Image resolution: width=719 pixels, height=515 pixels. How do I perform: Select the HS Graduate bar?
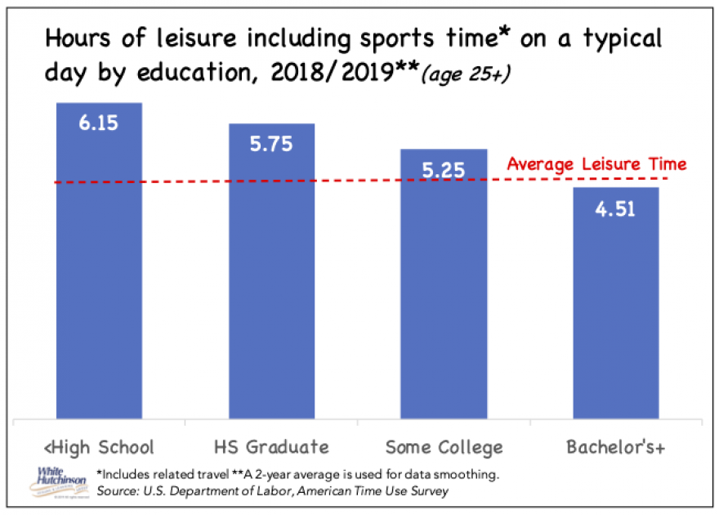click(x=271, y=278)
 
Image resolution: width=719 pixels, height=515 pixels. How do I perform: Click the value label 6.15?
click(x=99, y=123)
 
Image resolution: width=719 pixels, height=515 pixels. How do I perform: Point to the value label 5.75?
click(x=271, y=143)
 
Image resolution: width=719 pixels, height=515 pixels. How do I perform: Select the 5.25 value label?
click(x=444, y=170)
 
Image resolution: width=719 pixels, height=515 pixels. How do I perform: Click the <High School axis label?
click(x=98, y=447)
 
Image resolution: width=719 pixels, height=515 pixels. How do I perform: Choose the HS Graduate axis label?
click(x=271, y=447)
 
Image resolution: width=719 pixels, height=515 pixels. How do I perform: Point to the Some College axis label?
click(x=444, y=447)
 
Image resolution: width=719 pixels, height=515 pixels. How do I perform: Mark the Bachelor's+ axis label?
click(x=615, y=447)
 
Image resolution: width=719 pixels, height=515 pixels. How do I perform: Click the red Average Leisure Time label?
click(x=596, y=164)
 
